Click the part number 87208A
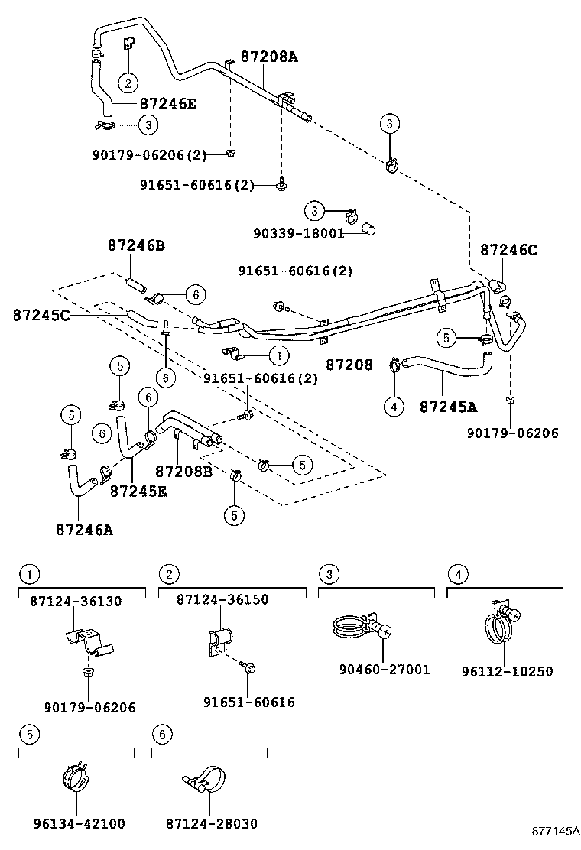[x=268, y=56]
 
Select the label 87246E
[x=167, y=103]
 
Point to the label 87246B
[x=136, y=245]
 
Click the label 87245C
[x=41, y=314]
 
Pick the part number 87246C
[x=508, y=249]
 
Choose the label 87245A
[x=447, y=407]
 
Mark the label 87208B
[x=183, y=472]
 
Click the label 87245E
[x=138, y=491]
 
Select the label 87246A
[x=84, y=528]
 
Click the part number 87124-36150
[x=222, y=600]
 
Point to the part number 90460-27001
[x=385, y=670]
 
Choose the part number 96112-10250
[x=507, y=671]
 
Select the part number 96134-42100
[x=79, y=823]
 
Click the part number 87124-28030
[x=211, y=823]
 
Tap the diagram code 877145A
[x=557, y=831]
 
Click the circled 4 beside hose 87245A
[x=394, y=407]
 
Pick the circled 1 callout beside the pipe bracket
[x=280, y=355]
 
